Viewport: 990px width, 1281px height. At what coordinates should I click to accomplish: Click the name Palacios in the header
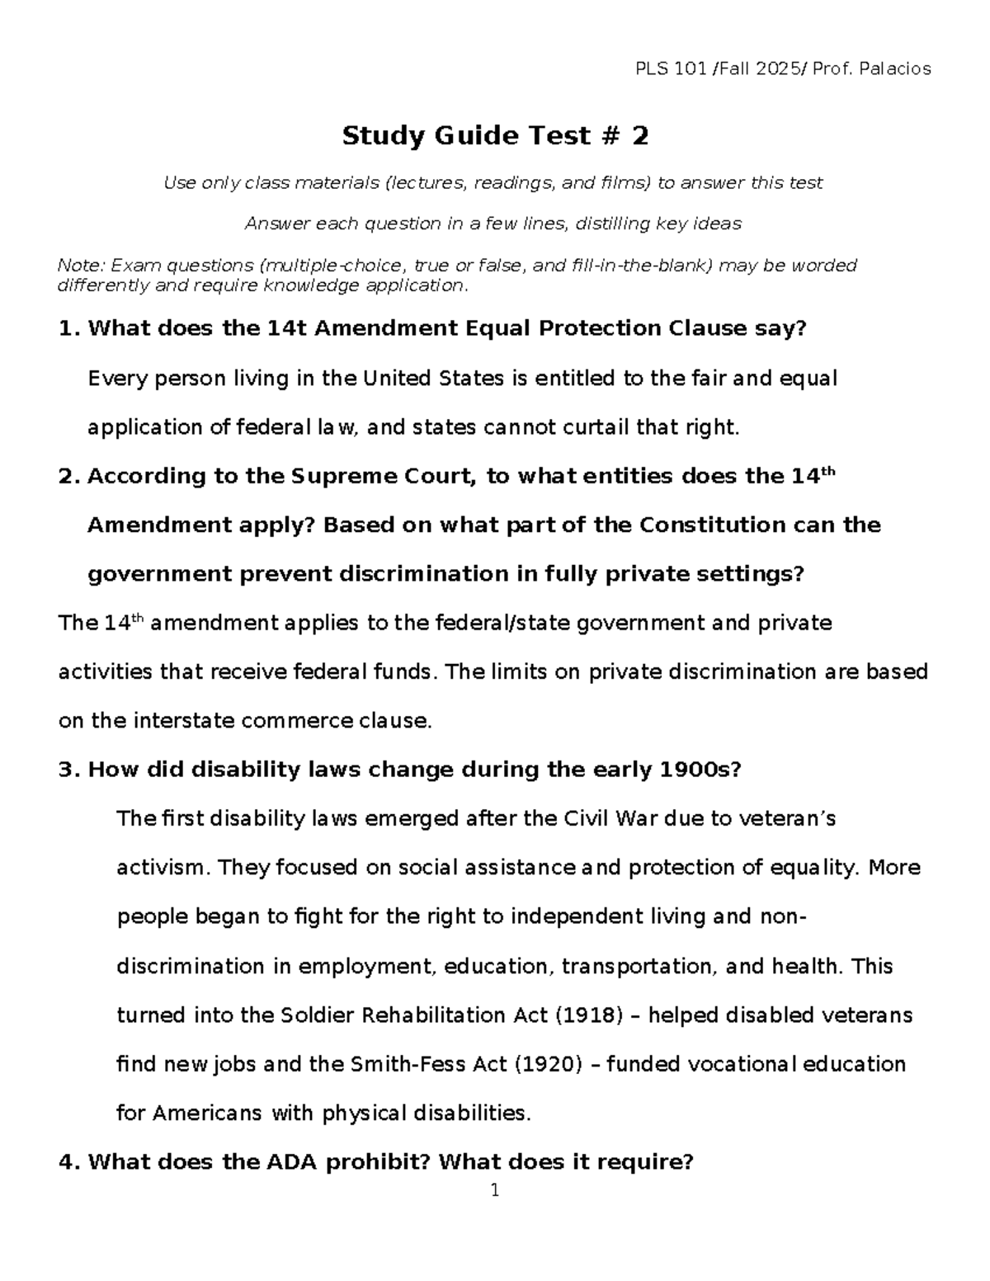pos(895,68)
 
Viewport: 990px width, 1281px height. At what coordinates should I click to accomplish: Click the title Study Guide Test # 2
pos(495,135)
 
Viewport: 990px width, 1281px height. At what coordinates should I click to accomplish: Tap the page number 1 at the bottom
pos(495,1190)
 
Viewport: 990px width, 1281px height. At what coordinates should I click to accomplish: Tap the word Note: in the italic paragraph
pos(81,266)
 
